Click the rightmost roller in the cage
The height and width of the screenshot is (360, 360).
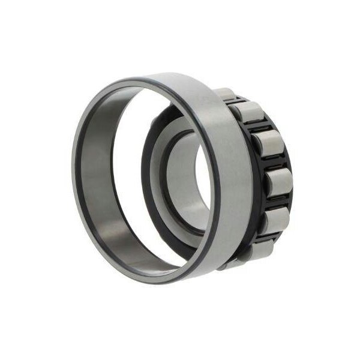click(277, 182)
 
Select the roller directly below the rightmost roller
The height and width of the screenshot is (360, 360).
click(273, 220)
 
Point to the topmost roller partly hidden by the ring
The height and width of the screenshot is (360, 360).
click(225, 94)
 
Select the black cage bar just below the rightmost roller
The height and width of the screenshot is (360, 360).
click(277, 203)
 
